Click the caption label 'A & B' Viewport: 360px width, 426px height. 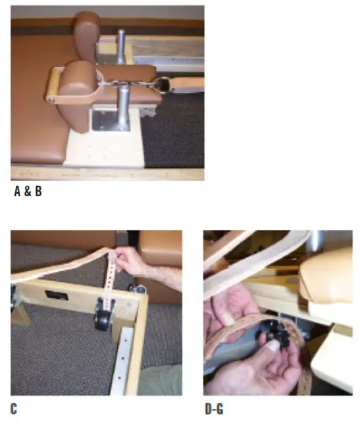pos(28,193)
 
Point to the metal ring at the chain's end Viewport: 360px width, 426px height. pos(160,83)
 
